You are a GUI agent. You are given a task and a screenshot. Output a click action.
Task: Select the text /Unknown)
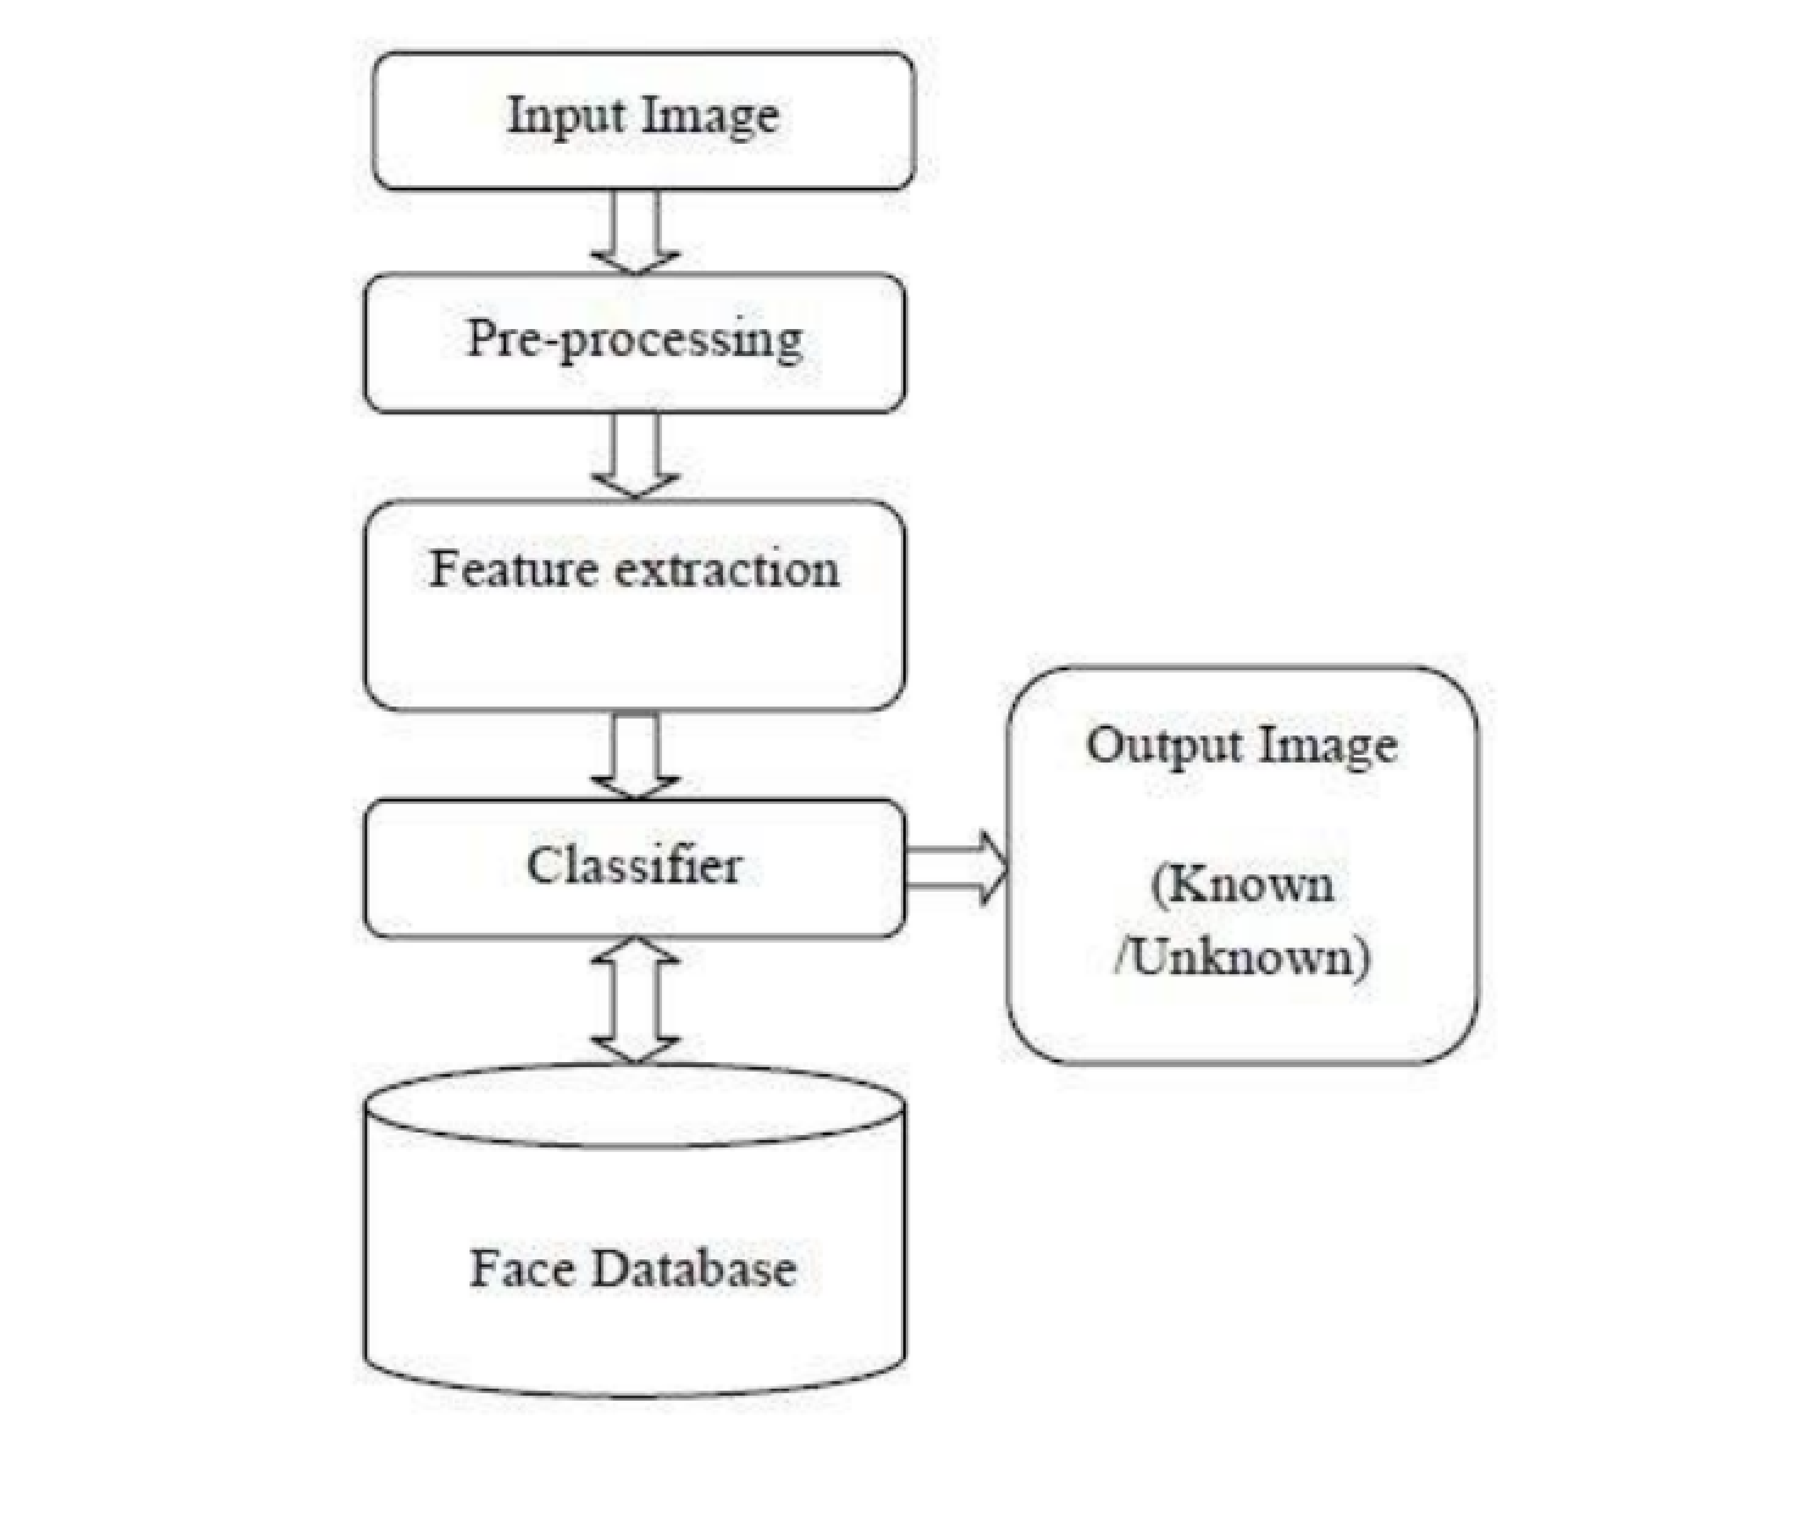pyautogui.click(x=1242, y=957)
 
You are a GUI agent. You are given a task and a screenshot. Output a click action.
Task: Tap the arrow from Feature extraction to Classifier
pyautogui.click(x=635, y=755)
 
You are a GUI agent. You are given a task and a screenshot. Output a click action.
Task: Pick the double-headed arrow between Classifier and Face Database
pyautogui.click(x=635, y=1000)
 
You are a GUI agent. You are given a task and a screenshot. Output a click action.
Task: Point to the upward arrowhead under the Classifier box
pyautogui.click(x=635, y=953)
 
